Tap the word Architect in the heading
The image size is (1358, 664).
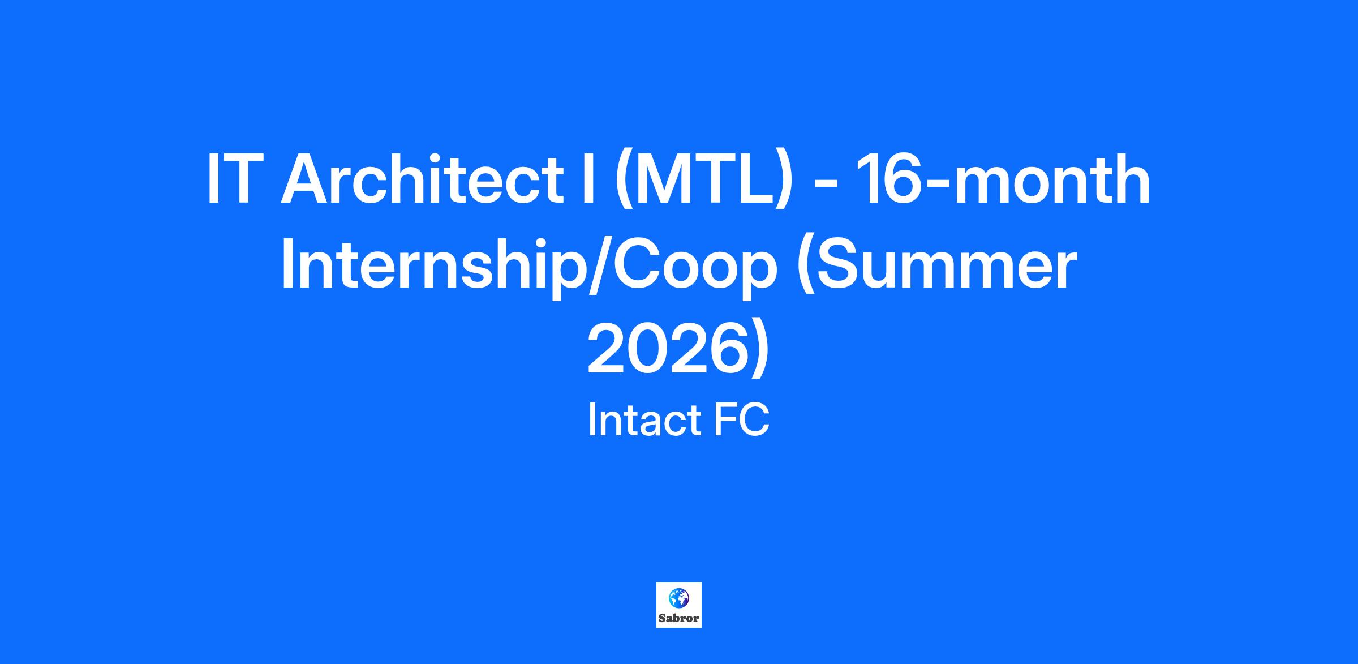422,179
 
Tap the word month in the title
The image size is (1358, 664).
1046,179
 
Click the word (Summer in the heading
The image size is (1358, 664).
936,266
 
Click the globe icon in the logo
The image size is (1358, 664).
678,597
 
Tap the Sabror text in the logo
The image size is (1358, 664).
678,618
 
